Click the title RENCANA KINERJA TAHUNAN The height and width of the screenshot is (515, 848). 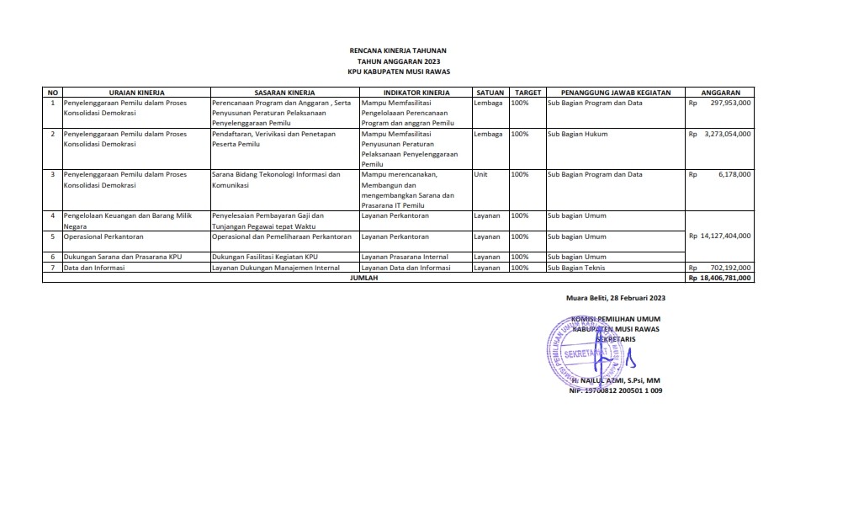click(399, 51)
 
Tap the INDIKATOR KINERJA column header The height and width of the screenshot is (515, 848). click(416, 92)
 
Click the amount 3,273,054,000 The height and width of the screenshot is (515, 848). click(727, 134)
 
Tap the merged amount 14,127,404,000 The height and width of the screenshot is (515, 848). click(721, 236)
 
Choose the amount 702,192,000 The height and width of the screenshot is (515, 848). click(730, 268)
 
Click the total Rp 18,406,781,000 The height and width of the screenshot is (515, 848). click(720, 277)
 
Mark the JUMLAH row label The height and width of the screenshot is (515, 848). click(363, 277)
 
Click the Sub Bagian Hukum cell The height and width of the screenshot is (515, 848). click(577, 134)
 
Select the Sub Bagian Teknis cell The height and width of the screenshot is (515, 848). click(577, 268)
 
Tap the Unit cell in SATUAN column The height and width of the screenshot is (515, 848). click(481, 174)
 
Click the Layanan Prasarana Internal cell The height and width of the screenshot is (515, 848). click(404, 257)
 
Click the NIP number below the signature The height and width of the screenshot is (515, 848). click(616, 391)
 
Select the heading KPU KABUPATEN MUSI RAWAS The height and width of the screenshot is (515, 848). click(399, 72)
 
